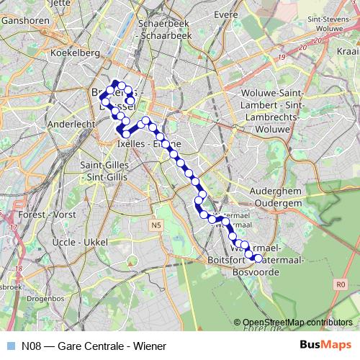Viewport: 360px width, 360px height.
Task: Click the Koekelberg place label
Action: click(70, 53)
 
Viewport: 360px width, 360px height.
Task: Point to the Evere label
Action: click(225, 14)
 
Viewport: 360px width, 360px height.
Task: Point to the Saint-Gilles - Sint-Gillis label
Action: click(101, 171)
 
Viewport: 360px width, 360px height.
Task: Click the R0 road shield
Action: click(341, 284)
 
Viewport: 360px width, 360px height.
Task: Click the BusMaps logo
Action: click(325, 345)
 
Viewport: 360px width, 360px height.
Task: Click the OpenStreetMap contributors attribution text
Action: click(297, 322)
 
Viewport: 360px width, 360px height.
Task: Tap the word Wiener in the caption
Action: click(150, 345)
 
